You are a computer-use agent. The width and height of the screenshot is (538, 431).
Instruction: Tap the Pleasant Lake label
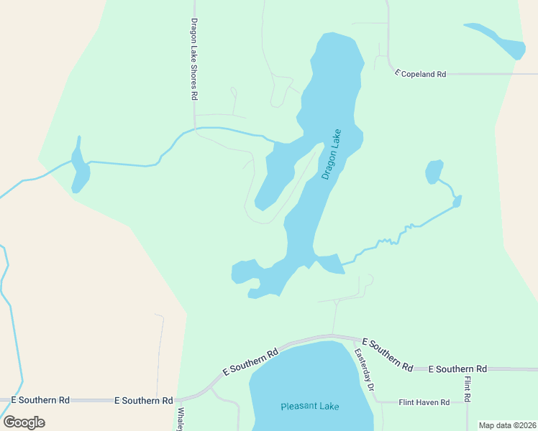pos(309,407)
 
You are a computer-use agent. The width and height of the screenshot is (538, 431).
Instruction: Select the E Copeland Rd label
pos(421,73)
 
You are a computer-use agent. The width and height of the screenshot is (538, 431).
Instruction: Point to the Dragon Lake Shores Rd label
pos(194,59)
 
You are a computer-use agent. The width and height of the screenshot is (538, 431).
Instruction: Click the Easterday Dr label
pos(365,370)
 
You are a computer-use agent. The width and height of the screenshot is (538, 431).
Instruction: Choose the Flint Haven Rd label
pos(424,402)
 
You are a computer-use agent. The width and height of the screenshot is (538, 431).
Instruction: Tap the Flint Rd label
pos(468,389)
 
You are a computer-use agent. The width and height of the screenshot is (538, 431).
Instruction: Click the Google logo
pos(24,422)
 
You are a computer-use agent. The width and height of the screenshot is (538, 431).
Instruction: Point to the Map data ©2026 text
pos(508,425)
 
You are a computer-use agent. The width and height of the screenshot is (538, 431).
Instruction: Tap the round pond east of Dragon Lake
pos(434,172)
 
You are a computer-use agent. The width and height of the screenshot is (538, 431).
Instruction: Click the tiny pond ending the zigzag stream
pos(457,201)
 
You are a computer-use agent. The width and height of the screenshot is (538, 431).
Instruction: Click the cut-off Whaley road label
pos(180,420)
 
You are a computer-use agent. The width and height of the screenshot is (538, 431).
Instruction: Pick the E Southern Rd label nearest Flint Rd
pos(457,369)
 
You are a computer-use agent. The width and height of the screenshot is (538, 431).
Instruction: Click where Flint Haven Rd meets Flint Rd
pos(468,402)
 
